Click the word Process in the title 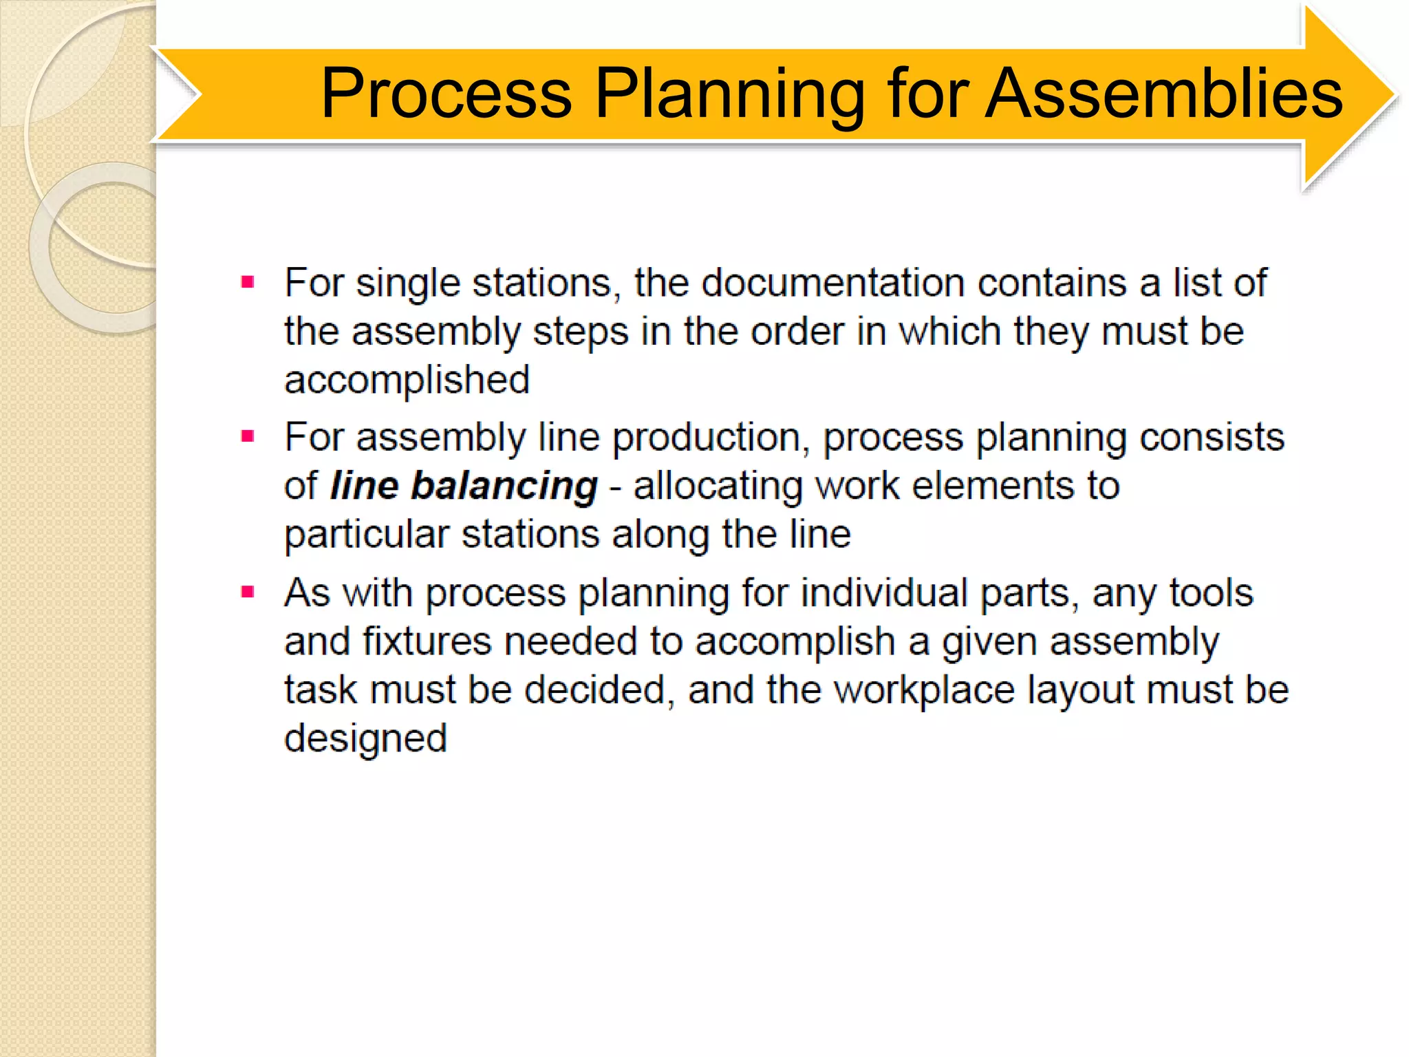tap(446, 94)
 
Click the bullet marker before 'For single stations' tap(248, 281)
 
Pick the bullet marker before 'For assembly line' tap(248, 436)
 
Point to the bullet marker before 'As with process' tap(248, 591)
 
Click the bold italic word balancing tap(504, 486)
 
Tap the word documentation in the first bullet tap(833, 283)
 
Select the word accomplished tap(407, 380)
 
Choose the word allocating tap(718, 486)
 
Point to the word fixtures tap(427, 641)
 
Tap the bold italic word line tap(364, 486)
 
